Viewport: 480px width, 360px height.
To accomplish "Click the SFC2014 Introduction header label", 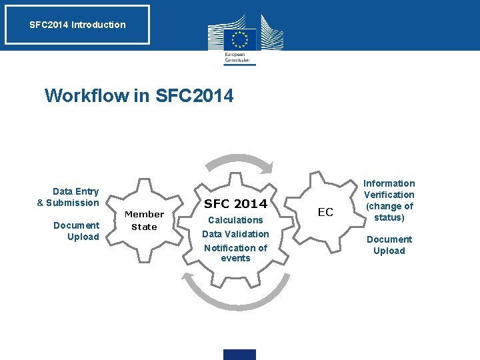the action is tap(77, 25).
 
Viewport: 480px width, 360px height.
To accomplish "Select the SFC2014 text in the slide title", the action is tap(194, 96).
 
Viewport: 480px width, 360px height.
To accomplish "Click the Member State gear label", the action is tap(144, 221).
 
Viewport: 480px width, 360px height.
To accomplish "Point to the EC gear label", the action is tap(325, 213).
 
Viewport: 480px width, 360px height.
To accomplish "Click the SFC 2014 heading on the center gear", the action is tap(235, 203).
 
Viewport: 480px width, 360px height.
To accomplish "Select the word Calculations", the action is tap(235, 220).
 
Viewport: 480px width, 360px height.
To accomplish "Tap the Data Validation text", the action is tap(235, 234).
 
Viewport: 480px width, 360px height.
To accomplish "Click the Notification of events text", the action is tap(235, 253).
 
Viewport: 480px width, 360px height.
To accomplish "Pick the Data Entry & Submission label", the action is tap(68, 197).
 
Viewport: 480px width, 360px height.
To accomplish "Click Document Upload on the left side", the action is tap(77, 231).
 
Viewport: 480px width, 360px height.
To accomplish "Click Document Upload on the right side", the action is tap(389, 245).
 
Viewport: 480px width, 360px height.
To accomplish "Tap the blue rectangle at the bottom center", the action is tap(240, 354).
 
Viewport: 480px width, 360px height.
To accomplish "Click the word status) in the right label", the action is tap(389, 218).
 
